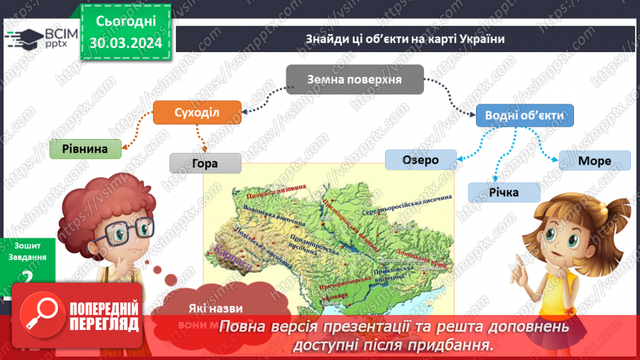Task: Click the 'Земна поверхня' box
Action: (354, 79)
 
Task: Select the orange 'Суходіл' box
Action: (197, 112)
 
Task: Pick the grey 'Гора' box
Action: (206, 163)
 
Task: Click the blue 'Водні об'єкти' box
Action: (525, 115)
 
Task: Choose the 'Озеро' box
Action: (420, 160)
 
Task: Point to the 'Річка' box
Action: (504, 192)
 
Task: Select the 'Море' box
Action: (594, 161)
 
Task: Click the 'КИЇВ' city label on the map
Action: (326, 218)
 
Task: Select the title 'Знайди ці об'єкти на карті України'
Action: (404, 39)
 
